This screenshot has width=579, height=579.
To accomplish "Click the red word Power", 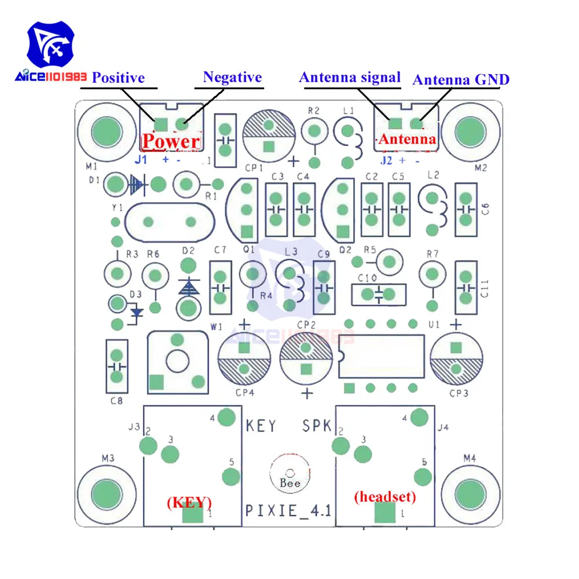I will point(171,141).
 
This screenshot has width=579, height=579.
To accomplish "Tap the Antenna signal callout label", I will point(350,78).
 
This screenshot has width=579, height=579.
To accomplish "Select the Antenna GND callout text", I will point(461,79).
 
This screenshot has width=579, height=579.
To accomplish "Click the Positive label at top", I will point(118,78).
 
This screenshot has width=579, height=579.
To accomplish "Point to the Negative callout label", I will point(232,77).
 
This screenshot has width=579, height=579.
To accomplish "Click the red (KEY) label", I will point(189,501).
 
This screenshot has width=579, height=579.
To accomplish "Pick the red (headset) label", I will point(384,496).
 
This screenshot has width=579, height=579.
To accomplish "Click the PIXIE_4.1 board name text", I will point(288,511).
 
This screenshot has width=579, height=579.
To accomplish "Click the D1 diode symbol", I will point(137,185).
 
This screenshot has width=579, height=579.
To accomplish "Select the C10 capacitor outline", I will point(378,294).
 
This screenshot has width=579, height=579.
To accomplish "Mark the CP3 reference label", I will point(458,394).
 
